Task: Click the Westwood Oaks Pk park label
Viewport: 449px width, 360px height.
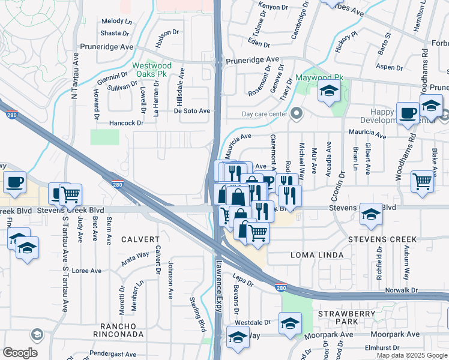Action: [152, 70]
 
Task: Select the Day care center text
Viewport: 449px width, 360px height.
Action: [264, 114]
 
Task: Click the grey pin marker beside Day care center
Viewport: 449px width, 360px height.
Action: [296, 113]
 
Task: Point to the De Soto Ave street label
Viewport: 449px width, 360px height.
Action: [192, 111]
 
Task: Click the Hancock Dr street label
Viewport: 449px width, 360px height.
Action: [127, 123]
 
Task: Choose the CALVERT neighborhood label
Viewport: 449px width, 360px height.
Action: [139, 239]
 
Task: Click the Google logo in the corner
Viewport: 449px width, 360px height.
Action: [20, 353]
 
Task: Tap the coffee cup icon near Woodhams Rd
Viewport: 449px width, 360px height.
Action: [408, 113]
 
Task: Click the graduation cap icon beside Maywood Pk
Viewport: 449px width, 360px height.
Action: [329, 91]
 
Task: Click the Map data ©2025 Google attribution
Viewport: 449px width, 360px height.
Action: [411, 355]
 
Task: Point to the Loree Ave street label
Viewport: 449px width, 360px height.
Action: [86, 271]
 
